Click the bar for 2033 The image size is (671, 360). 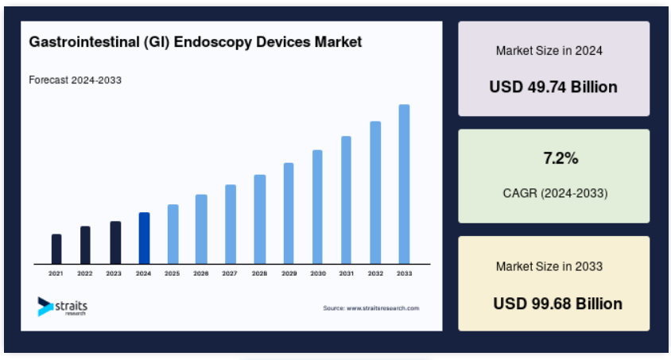click(404, 184)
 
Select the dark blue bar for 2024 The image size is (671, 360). click(144, 238)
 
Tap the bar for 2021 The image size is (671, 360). click(56, 249)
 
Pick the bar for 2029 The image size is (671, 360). click(289, 213)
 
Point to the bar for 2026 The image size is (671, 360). click(201, 229)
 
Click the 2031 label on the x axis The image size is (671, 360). click(347, 273)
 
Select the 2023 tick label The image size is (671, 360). click(114, 273)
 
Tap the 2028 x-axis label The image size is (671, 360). click(259, 273)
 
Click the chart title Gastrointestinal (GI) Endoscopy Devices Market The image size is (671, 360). click(196, 41)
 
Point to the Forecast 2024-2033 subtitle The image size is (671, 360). click(76, 80)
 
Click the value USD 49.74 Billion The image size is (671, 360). click(553, 87)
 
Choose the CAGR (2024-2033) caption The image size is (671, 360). click(555, 193)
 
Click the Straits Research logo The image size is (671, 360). click(62, 306)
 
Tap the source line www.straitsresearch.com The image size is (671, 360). click(371, 308)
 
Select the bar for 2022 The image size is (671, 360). click(85, 245)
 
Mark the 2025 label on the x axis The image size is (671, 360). click(172, 273)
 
